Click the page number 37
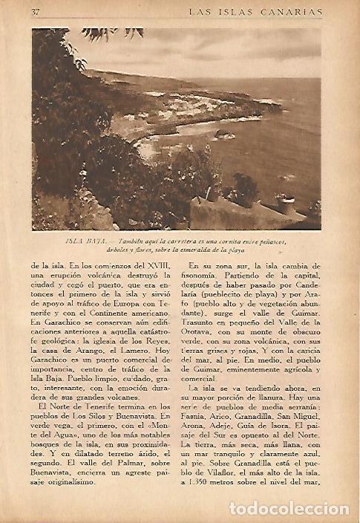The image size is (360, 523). click(x=36, y=12)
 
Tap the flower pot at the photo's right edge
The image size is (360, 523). click(x=285, y=202)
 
